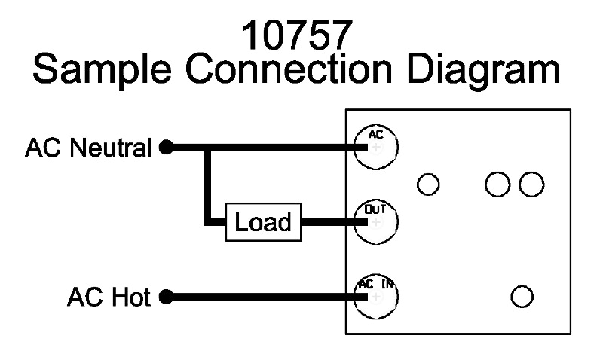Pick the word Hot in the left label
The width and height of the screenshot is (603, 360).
click(132, 297)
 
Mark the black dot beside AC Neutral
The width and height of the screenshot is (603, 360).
click(167, 148)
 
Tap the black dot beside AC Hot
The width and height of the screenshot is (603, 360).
click(167, 297)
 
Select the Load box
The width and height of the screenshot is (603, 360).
click(263, 222)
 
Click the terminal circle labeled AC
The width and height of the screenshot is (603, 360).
click(375, 145)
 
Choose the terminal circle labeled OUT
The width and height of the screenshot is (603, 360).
click(375, 221)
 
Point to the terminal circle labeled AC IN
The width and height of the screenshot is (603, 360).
click(375, 296)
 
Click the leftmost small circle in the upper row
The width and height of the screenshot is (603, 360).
click(428, 184)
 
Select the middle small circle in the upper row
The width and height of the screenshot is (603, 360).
click(497, 184)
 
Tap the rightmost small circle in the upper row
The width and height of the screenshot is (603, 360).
click(531, 184)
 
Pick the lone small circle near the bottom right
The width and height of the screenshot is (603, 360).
click(522, 296)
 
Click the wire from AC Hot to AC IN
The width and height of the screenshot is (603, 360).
click(264, 297)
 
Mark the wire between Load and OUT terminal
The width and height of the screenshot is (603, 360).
click(328, 222)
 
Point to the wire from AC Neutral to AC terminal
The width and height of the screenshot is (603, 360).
click(286, 148)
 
